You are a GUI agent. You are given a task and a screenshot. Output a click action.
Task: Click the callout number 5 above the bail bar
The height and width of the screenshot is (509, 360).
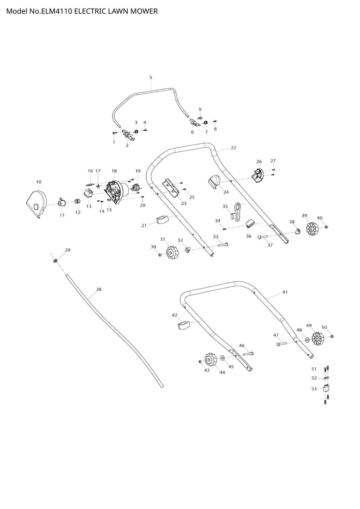(x=151, y=77)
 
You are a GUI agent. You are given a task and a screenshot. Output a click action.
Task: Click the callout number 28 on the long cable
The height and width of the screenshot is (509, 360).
(x=99, y=289)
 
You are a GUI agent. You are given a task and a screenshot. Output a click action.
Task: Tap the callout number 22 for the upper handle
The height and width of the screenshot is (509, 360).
(x=234, y=148)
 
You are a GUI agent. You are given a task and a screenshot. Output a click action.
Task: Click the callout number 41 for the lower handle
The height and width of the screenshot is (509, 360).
(x=284, y=292)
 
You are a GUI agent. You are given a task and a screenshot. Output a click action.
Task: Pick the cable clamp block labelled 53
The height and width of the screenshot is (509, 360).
(x=327, y=388)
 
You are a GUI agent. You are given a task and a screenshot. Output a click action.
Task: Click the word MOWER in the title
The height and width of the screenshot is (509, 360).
(x=142, y=11)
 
